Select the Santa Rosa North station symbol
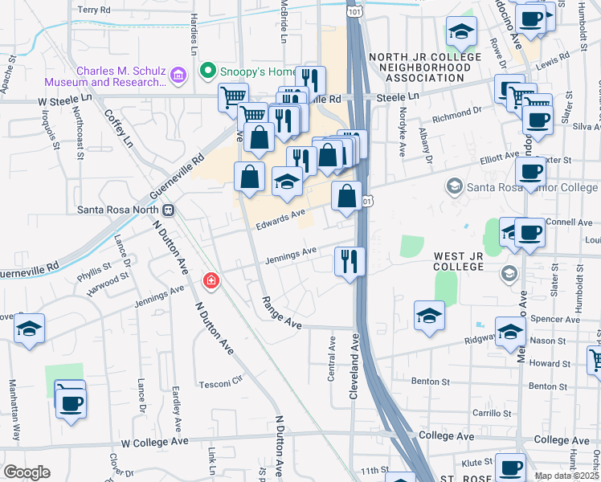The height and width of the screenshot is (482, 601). [x=169, y=210]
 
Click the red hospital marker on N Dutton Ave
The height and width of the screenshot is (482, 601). [x=211, y=280]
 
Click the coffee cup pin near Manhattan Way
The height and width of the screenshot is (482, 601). [x=71, y=401]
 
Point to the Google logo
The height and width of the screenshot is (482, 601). [x=27, y=472]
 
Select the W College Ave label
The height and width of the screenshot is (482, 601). [x=154, y=442]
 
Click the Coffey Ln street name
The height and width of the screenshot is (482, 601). [x=119, y=128]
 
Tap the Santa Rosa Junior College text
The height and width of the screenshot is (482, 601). [x=533, y=187]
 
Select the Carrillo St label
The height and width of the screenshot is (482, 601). [x=493, y=414]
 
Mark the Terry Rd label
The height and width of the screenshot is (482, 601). [x=94, y=10]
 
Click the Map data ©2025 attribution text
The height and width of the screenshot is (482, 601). [x=566, y=476]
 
